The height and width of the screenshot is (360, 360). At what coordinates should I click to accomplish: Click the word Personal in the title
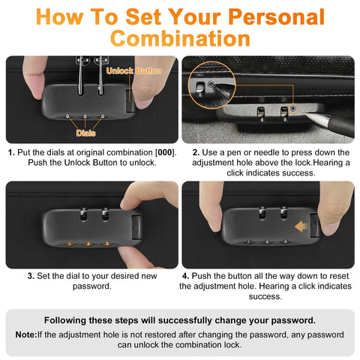(x=276, y=17)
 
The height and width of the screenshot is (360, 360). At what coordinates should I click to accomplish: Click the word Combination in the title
(x=180, y=39)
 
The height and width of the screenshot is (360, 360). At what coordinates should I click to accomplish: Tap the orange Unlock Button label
(x=133, y=71)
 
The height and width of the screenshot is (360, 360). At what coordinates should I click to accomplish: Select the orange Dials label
(x=85, y=133)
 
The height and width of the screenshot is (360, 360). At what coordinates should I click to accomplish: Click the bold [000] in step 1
(x=165, y=152)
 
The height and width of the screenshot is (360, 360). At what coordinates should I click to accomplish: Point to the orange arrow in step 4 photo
(x=301, y=226)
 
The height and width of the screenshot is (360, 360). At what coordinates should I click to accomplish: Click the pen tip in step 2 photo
(x=306, y=114)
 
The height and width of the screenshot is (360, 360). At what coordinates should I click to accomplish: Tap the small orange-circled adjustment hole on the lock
(x=293, y=109)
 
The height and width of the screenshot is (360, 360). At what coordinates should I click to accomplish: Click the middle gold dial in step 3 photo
(x=88, y=243)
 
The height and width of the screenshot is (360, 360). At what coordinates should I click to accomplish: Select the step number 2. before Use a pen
(x=196, y=152)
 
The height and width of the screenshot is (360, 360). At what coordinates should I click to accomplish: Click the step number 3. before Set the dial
(x=31, y=276)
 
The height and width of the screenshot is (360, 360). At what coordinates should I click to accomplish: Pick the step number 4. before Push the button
(x=186, y=276)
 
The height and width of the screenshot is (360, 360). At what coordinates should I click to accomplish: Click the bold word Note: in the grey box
(x=26, y=334)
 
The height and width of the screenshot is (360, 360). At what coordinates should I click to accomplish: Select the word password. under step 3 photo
(x=92, y=286)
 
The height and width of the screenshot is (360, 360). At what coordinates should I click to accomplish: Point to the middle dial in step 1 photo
(x=85, y=116)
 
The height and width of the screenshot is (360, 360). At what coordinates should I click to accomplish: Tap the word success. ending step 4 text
(x=265, y=296)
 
